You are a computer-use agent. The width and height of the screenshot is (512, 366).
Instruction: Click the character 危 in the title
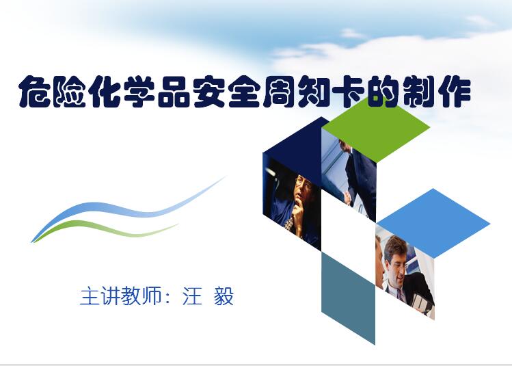click(35, 92)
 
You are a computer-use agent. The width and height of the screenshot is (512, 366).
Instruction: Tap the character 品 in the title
click(174, 92)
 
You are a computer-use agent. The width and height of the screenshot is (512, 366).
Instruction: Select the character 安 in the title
click(209, 92)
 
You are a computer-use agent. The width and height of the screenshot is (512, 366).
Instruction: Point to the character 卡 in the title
click(349, 92)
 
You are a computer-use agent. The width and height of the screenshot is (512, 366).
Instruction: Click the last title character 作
click(455, 92)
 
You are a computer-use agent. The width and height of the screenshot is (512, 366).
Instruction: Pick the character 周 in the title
click(279, 92)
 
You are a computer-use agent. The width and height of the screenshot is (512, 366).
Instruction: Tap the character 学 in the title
click(139, 92)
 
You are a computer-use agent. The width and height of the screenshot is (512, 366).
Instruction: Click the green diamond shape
click(376, 129)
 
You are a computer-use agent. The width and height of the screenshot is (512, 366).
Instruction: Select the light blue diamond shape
click(433, 224)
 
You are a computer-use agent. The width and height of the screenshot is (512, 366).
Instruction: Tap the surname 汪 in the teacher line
click(192, 296)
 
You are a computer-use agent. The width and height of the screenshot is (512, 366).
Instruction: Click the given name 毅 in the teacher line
click(224, 296)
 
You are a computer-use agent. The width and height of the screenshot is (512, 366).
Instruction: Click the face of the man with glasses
click(304, 187)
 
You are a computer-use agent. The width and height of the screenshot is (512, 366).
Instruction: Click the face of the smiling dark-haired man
click(397, 260)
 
